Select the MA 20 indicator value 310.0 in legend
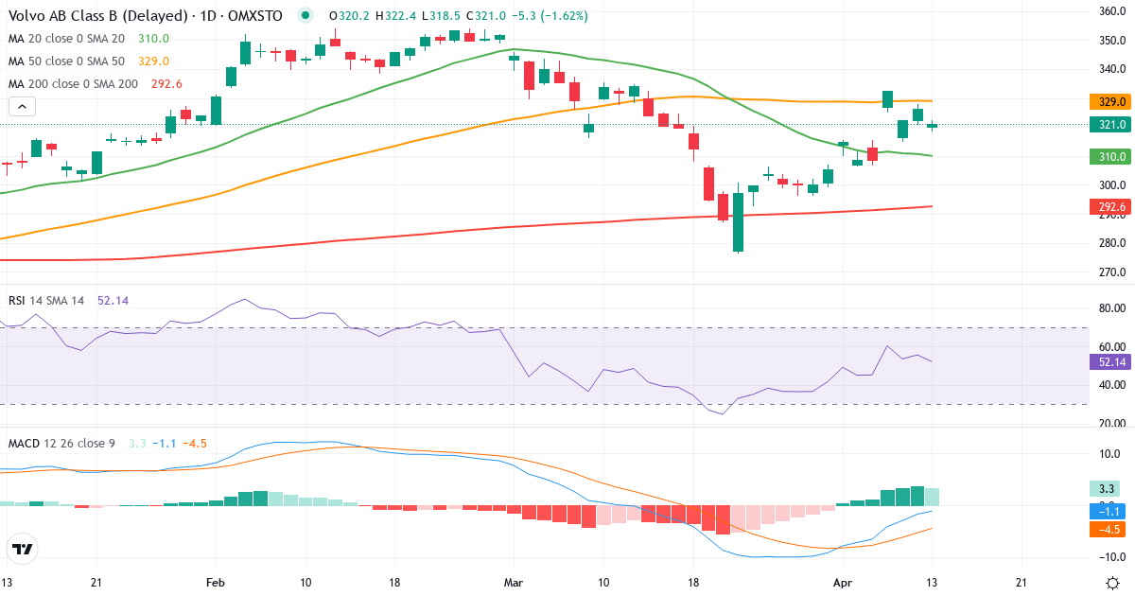click(153, 39)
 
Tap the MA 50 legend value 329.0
click(153, 61)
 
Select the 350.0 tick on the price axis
click(1111, 41)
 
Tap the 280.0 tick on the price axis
click(1111, 243)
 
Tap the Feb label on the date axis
click(215, 583)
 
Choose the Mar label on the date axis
click(514, 583)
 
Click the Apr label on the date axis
click(843, 583)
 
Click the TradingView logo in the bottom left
click(23, 549)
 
